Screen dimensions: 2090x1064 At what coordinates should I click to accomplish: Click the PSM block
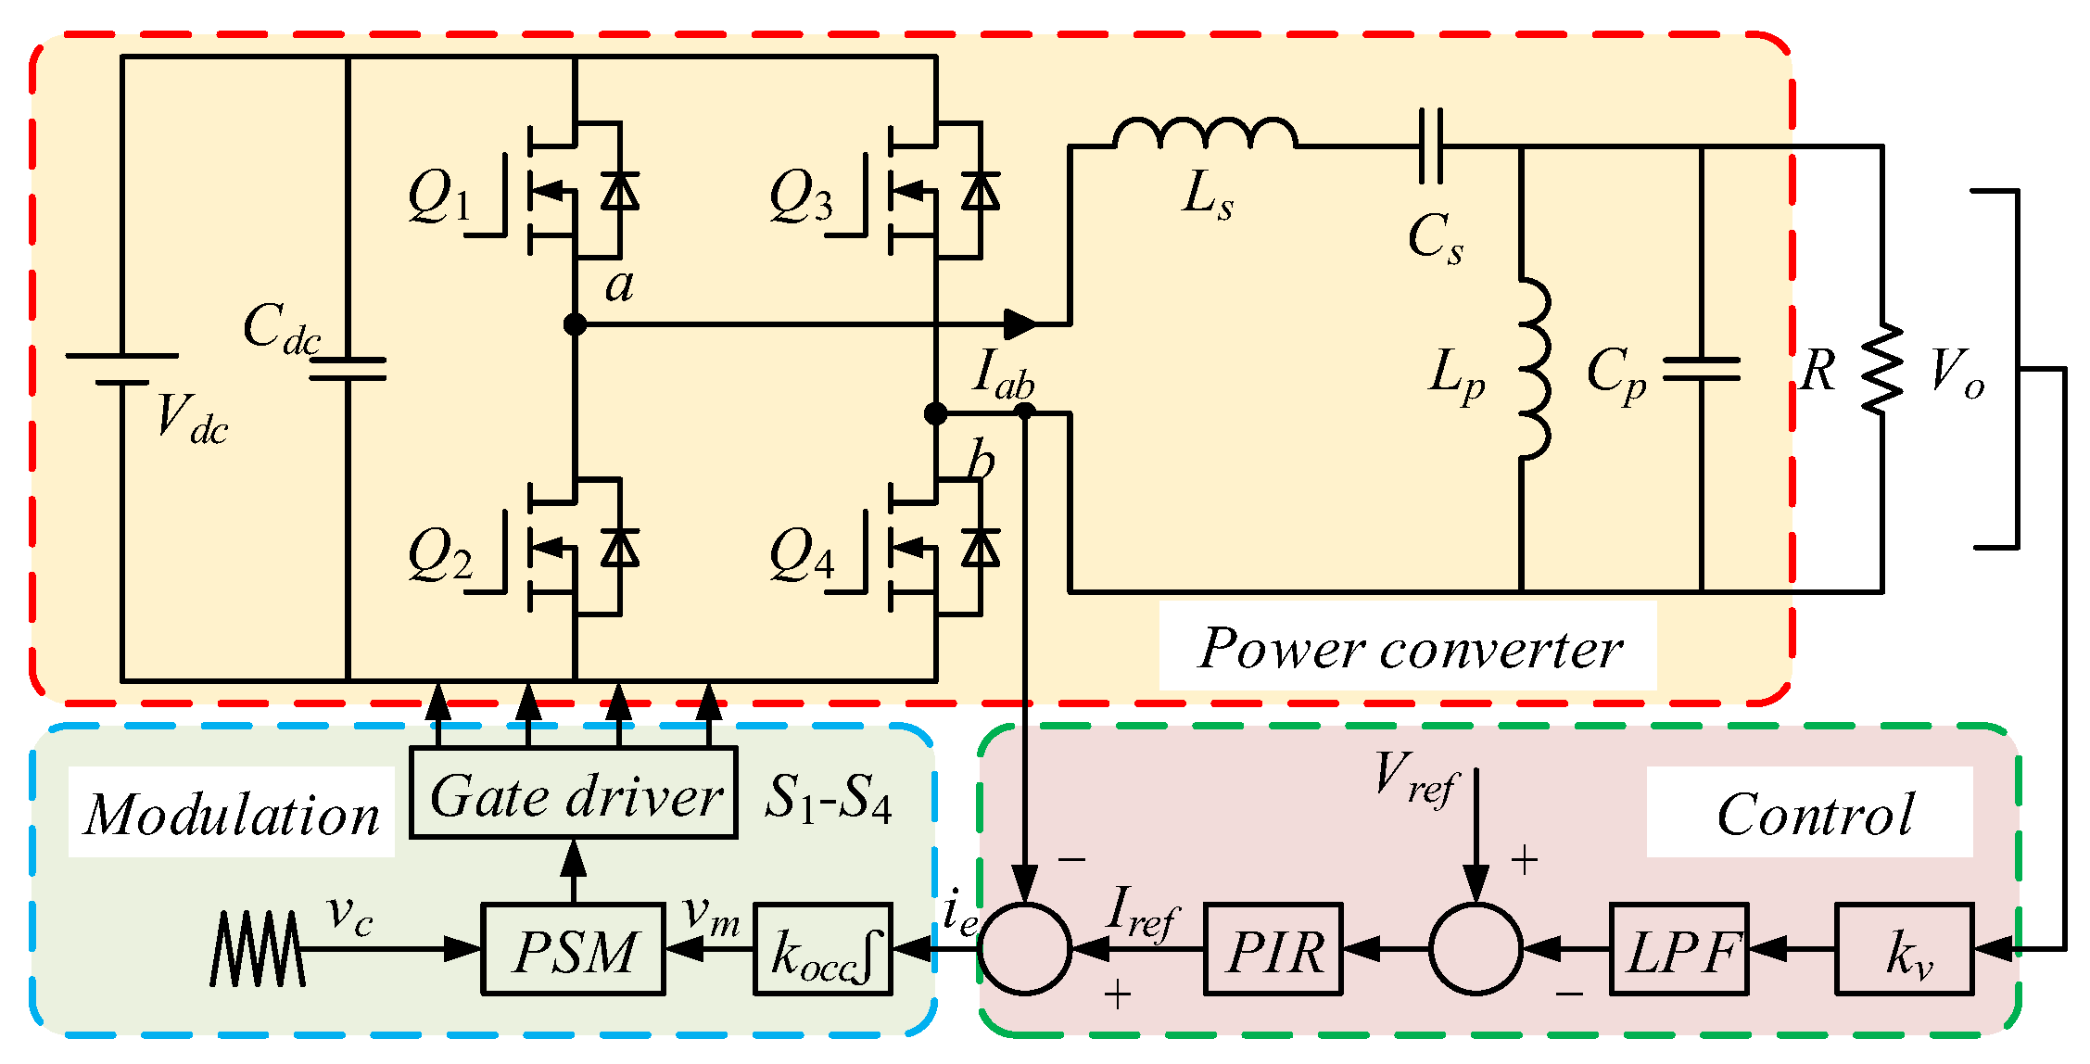pyautogui.click(x=573, y=949)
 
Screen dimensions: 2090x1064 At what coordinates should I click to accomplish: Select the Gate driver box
pyautogui.click(x=574, y=792)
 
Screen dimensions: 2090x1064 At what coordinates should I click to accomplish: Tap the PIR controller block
pyautogui.click(x=1273, y=949)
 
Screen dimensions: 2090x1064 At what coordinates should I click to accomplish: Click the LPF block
pyautogui.click(x=1679, y=949)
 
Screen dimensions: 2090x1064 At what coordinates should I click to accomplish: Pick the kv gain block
pyautogui.click(x=1905, y=949)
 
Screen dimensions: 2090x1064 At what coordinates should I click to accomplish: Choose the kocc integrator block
pyautogui.click(x=823, y=949)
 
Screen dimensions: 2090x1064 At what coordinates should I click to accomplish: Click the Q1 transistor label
pyautogui.click(x=439, y=196)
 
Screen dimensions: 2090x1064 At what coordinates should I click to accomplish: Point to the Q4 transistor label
pyautogui.click(x=801, y=554)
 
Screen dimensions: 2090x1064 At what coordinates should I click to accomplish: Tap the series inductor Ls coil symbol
pyautogui.click(x=1205, y=133)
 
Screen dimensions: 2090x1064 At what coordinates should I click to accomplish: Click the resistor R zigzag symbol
pyautogui.click(x=1881, y=369)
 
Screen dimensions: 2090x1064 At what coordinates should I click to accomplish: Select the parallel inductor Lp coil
pyautogui.click(x=1534, y=368)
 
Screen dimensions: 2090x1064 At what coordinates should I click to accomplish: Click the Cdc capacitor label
pyautogui.click(x=282, y=329)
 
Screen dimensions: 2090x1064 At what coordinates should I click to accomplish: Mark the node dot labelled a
pyautogui.click(x=575, y=324)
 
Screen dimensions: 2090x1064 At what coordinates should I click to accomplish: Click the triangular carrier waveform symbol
pyautogui.click(x=257, y=949)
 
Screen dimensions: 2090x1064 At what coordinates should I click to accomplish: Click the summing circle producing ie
pyautogui.click(x=1025, y=949)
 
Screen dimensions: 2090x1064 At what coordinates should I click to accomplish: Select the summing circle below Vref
pyautogui.click(x=1476, y=949)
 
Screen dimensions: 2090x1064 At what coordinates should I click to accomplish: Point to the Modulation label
pyautogui.click(x=232, y=814)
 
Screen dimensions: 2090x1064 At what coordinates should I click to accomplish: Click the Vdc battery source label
pyautogui.click(x=192, y=418)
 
